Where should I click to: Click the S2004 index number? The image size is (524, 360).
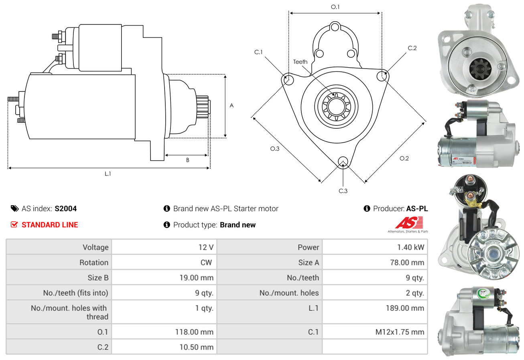(x=65, y=208)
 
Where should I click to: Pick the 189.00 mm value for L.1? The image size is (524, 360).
(x=406, y=308)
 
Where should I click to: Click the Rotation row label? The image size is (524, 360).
(x=93, y=262)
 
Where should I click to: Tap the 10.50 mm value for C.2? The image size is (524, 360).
(x=196, y=347)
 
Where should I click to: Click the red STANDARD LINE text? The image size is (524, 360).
(x=50, y=225)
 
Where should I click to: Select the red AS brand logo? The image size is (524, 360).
(x=409, y=222)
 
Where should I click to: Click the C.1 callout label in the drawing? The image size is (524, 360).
(x=258, y=52)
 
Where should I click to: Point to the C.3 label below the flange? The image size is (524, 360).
(x=343, y=191)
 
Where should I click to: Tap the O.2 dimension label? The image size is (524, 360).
(x=404, y=158)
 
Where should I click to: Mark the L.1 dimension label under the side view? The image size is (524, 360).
(x=108, y=174)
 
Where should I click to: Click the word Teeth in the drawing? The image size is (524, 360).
(x=300, y=62)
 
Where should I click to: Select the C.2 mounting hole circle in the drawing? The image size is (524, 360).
(x=382, y=75)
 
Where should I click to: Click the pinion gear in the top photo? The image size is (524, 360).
(x=477, y=68)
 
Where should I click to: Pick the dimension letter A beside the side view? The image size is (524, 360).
(x=232, y=105)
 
